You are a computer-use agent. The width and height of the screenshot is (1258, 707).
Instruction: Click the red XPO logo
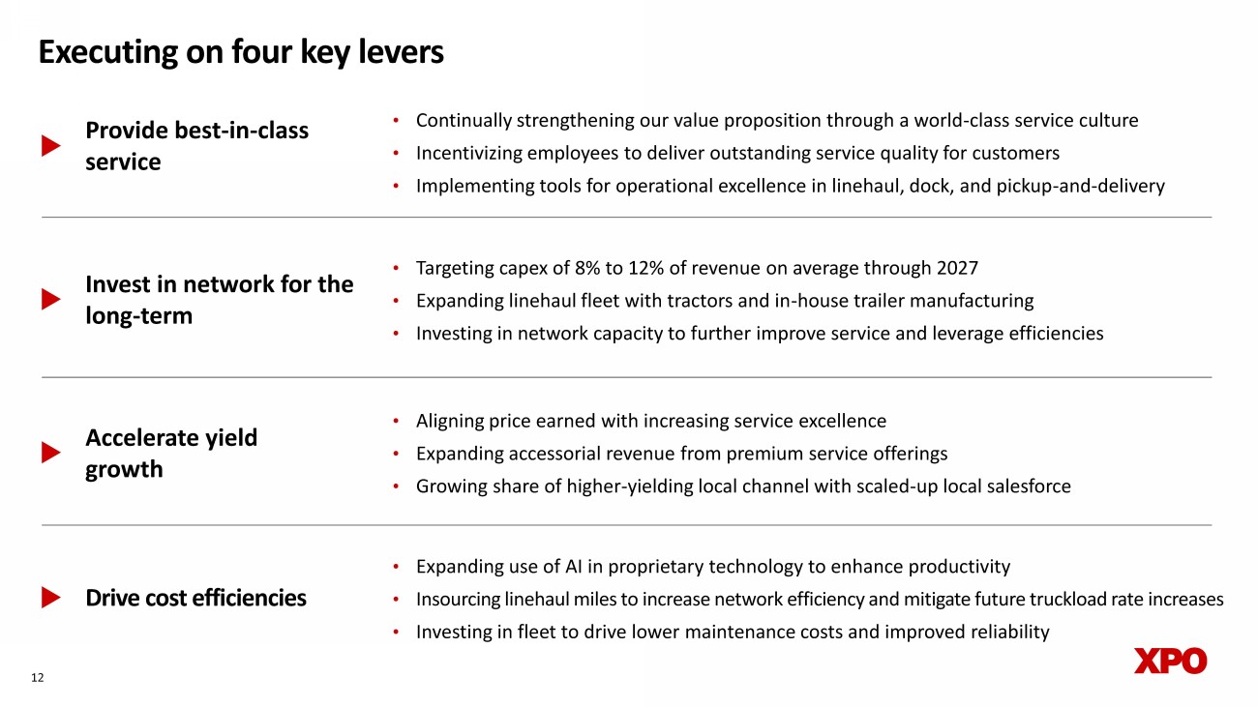pos(1170,662)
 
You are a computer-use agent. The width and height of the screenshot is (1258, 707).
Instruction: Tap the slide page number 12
pos(38,678)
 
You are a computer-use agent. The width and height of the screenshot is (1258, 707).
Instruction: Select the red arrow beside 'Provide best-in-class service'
pos(50,146)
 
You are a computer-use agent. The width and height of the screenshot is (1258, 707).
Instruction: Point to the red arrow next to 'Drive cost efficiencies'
pos(50,599)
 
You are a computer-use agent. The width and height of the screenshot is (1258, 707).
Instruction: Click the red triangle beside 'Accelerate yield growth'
pos(50,453)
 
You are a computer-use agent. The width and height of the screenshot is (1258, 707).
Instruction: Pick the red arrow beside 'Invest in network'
pos(50,300)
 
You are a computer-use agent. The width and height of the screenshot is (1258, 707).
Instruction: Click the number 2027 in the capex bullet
pos(957,268)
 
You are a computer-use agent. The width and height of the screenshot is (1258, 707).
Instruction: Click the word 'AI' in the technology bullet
pos(567,567)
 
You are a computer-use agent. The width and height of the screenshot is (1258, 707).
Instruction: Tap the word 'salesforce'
pos(1026,486)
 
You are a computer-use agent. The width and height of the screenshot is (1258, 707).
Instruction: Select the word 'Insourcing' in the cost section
pos(458,600)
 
